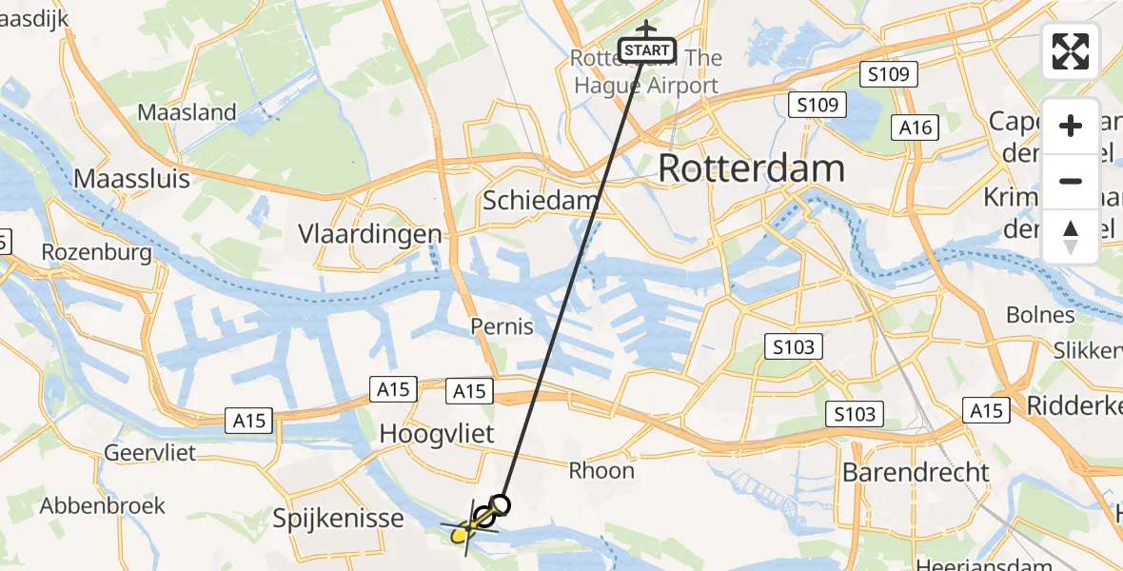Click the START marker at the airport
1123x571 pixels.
click(x=648, y=49)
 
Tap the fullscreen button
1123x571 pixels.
click(x=1071, y=51)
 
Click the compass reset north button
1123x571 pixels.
click(x=1071, y=237)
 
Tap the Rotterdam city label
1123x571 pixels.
click(x=751, y=168)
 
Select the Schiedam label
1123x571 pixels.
click(x=542, y=201)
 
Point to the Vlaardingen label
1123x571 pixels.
click(x=370, y=233)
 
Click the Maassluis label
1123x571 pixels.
click(x=132, y=178)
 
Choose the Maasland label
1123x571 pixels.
click(x=187, y=112)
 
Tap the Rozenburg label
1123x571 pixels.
click(x=97, y=252)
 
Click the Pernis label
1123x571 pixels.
click(x=502, y=326)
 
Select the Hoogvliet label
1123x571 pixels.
click(x=437, y=434)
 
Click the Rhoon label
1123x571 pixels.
click(x=601, y=470)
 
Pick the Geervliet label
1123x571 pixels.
click(x=151, y=452)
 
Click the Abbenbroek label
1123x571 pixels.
click(x=103, y=505)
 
